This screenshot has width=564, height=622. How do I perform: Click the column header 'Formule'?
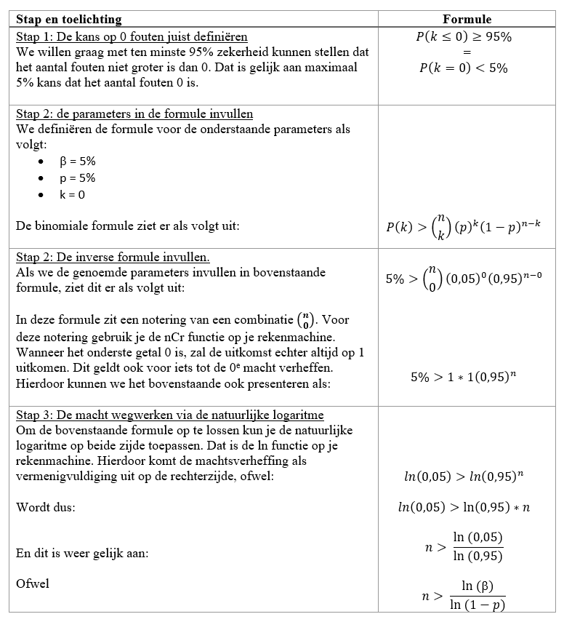(x=467, y=20)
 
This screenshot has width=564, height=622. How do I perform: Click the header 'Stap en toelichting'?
(x=69, y=20)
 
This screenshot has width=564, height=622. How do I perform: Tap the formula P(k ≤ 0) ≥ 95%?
(x=464, y=37)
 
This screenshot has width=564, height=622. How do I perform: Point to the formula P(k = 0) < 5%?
(x=464, y=68)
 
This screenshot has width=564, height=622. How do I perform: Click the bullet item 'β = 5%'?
(x=77, y=161)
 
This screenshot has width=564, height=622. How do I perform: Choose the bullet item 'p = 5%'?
(x=77, y=178)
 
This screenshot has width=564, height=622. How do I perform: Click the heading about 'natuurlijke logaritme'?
(x=169, y=415)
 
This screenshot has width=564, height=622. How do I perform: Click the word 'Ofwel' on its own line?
(x=32, y=583)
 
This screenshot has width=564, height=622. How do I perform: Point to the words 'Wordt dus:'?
(x=43, y=507)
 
